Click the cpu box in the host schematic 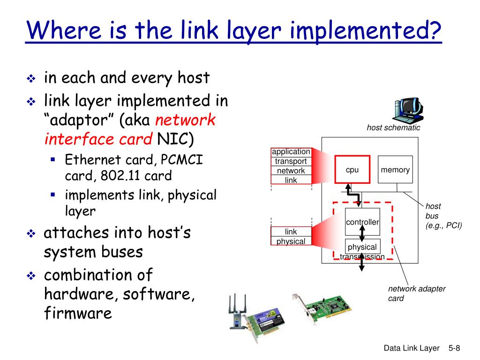352,170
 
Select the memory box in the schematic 395,170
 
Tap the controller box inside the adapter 362,222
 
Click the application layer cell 291,152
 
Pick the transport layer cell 291,161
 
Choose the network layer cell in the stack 291,171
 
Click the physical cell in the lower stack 291,241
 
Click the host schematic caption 393,127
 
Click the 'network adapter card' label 416,293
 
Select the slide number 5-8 454,348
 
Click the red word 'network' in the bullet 185,120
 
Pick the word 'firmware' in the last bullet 78,313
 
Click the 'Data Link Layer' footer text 412,348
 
